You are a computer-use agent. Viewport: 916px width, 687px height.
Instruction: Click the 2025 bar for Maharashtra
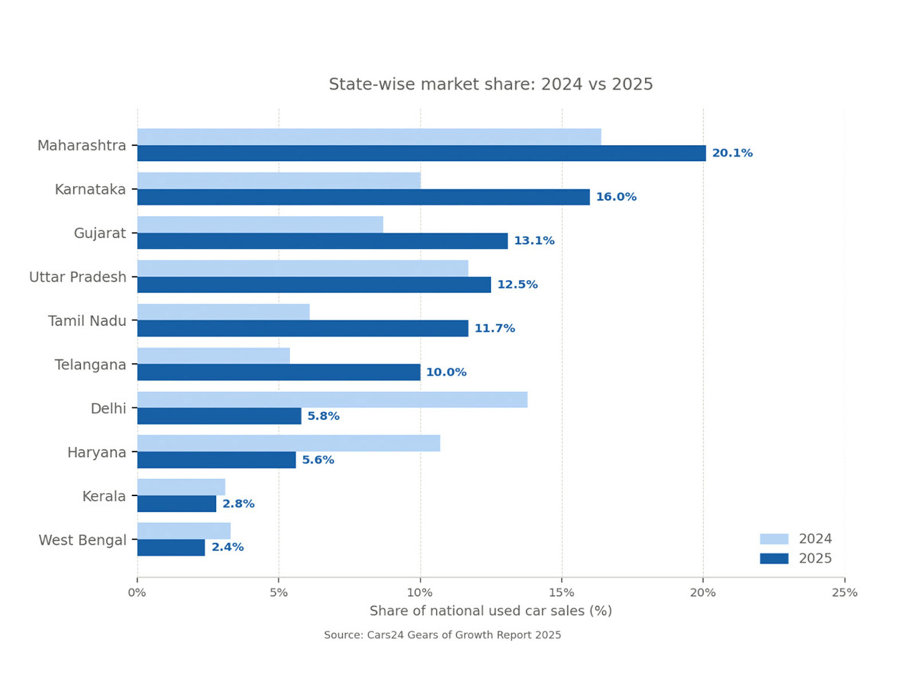421,153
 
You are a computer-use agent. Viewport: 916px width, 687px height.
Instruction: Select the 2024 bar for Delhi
332,400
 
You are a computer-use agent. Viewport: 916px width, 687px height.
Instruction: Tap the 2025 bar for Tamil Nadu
302,329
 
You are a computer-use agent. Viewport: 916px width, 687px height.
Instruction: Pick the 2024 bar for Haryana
289,443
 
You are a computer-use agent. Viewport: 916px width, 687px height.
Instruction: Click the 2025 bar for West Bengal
171,547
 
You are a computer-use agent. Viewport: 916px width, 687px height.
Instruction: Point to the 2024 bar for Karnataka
279,180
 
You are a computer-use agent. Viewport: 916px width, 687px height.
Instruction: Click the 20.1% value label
732,153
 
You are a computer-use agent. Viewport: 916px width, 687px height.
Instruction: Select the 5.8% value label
323,416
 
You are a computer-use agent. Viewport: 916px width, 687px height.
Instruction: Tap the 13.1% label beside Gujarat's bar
534,240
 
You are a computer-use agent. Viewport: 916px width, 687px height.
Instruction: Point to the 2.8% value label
238,504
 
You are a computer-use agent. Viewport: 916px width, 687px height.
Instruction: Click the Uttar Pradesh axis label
78,277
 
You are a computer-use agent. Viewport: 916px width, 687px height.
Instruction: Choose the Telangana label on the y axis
90,365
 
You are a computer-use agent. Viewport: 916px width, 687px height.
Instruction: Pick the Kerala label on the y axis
104,496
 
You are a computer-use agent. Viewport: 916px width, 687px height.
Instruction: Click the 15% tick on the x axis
562,593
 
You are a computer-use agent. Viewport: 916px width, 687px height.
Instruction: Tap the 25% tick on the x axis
844,593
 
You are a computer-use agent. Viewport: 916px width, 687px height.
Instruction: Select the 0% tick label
137,593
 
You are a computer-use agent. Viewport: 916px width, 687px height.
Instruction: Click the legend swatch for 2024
774,539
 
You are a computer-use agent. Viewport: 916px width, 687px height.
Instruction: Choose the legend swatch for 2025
774,558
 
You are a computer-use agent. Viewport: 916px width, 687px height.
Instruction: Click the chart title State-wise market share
491,84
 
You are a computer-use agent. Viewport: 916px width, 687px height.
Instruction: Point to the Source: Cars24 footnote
443,635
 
